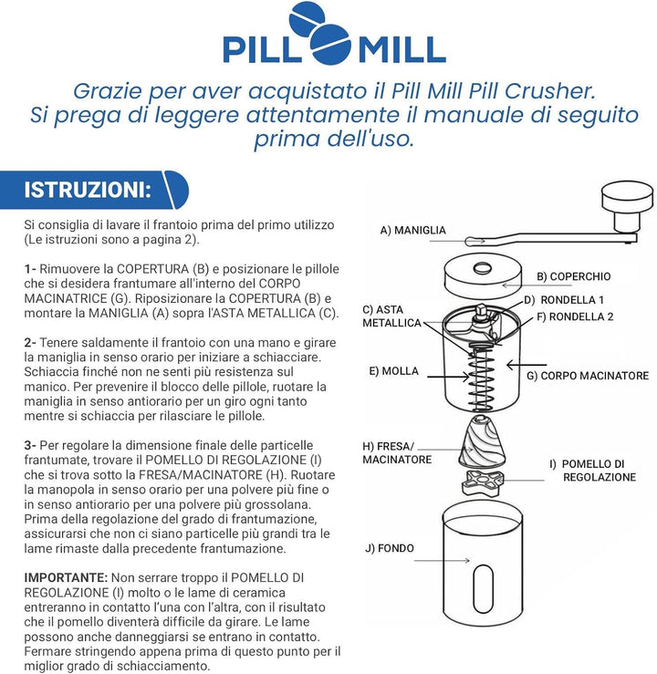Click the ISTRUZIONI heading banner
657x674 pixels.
88,191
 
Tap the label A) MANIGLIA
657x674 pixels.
413,231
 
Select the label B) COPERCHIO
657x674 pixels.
573,276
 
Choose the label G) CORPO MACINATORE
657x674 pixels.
588,376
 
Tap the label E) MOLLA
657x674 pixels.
393,371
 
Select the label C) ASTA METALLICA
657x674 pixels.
391,316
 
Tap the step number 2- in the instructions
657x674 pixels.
31,341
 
